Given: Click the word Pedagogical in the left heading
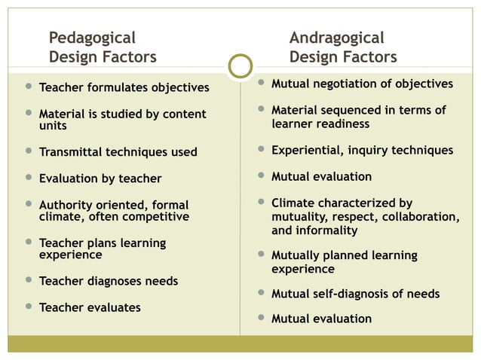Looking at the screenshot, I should [92, 38].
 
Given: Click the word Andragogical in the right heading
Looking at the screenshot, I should [336, 38].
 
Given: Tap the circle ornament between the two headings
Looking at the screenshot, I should [240, 66].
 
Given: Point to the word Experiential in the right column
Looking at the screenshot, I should [306, 150].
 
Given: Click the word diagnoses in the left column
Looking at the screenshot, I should [110, 281].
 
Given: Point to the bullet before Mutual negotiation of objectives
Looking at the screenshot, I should [260, 83].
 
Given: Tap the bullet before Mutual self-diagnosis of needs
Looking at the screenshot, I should [260, 293].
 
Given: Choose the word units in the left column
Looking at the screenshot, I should [53, 126].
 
